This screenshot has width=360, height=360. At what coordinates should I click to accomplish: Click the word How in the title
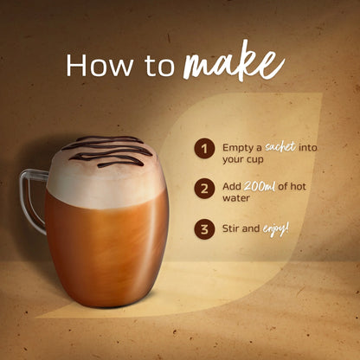tap(99, 65)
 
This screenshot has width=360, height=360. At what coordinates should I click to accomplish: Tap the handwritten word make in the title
tap(234, 61)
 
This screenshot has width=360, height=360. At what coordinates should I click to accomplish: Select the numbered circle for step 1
tap(204, 149)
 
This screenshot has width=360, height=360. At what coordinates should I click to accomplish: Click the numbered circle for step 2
tap(204, 189)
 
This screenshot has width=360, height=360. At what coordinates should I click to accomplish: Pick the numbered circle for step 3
tap(204, 229)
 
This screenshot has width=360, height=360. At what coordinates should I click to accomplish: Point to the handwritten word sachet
tap(280, 147)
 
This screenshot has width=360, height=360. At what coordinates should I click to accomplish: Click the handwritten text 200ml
tap(260, 186)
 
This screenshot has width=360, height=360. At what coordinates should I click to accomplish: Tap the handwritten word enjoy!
tap(276, 230)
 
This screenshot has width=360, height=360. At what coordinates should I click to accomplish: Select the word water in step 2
tap(236, 198)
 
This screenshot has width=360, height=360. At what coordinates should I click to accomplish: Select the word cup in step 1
tap(255, 159)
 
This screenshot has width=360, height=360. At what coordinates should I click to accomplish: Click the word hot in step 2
tap(298, 186)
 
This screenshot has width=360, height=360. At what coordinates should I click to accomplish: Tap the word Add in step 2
tap(232, 186)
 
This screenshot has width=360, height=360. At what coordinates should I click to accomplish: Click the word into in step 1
tap(308, 148)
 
